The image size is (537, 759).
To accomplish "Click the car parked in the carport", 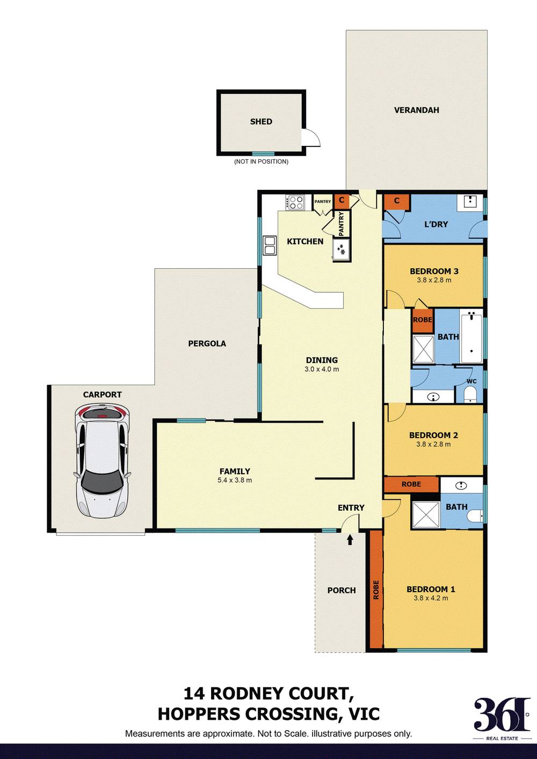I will click(x=102, y=461).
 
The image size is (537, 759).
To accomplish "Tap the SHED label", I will click(x=261, y=122).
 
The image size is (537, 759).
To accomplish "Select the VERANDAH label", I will click(x=416, y=110).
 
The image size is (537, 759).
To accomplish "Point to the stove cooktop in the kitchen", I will click(x=295, y=202).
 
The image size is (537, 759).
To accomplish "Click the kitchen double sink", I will click(x=269, y=246).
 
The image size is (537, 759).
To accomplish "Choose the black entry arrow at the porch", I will click(x=350, y=539).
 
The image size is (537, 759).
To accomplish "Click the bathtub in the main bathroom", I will click(x=471, y=336).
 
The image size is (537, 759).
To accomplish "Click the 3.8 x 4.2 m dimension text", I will click(x=431, y=598).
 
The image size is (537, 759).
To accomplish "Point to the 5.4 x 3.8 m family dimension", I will click(x=235, y=480).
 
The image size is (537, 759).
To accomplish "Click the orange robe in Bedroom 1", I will click(x=375, y=590).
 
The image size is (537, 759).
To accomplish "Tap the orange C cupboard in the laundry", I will click(x=397, y=201).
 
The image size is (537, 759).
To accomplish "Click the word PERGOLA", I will click(x=207, y=343).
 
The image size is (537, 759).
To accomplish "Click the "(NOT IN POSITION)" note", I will click(x=261, y=161).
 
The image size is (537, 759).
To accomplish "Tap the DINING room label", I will click(x=322, y=360).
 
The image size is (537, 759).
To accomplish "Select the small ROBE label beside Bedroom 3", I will click(x=423, y=320).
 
